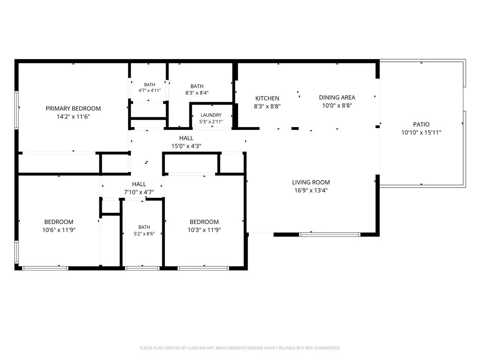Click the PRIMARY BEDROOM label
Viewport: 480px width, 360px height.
73,108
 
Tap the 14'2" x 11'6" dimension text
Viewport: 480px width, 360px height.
73,116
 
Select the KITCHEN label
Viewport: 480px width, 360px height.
267,98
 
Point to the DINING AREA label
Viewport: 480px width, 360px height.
337,97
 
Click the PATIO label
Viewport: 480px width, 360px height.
421,124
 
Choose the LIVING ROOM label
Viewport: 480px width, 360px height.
311,182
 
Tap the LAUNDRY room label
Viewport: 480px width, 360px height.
211,115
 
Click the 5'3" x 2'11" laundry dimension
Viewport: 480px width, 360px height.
211,121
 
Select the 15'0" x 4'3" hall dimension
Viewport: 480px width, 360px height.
187,146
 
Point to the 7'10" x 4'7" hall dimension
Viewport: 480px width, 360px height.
139,192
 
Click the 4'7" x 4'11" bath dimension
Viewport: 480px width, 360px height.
150,90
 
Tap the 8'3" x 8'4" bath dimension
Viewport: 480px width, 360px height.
197,93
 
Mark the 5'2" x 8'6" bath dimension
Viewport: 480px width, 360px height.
144,233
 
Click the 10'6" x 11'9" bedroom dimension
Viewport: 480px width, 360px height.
59,230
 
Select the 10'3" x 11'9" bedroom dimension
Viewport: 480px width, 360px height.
204,230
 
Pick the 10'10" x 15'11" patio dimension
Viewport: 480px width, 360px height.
421,132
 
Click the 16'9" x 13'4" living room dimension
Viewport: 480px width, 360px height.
311,190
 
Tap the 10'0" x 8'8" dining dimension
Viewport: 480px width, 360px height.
337,105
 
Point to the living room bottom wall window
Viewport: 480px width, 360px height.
330,235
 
